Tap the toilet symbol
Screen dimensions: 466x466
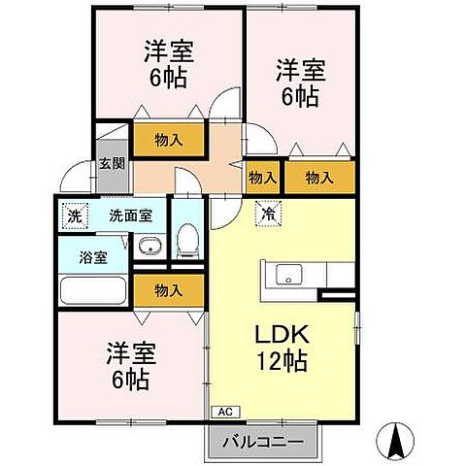[x=188, y=240]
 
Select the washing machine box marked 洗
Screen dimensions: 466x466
[x=73, y=216]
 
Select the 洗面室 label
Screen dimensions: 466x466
[x=128, y=216]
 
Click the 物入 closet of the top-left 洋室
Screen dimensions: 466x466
[x=169, y=141]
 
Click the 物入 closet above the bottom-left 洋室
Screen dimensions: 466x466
[x=169, y=289]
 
